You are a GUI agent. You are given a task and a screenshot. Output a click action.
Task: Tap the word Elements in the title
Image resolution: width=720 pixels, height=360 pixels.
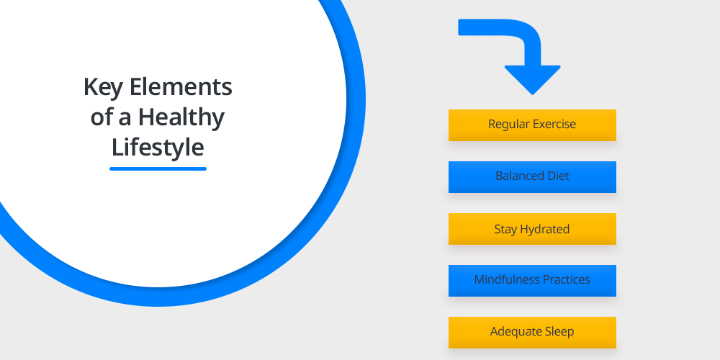coord(181,87)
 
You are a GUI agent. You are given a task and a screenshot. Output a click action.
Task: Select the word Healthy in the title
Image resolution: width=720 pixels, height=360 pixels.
coord(181,117)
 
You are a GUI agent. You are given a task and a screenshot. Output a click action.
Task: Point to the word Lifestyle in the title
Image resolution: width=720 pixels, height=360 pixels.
coord(158,148)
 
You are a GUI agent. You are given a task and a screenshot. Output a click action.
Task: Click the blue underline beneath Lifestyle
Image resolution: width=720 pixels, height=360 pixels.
coord(158,168)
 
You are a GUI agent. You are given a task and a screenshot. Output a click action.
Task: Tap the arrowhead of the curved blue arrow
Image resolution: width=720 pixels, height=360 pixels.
coord(533,80)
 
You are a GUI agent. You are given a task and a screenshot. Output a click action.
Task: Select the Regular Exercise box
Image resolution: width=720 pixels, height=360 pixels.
coord(532,125)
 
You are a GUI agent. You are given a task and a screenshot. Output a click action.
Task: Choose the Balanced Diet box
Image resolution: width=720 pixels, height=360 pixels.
coord(532,177)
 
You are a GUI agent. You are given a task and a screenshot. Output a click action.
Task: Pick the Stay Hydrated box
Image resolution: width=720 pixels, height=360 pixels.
coord(532,229)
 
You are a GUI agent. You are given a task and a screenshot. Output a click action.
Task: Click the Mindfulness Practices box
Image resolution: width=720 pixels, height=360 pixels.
coord(532,281)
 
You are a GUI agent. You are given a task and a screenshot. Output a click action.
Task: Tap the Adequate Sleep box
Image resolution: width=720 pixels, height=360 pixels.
coord(532,333)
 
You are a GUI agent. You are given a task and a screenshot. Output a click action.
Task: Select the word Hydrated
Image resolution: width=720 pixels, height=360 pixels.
coord(544,229)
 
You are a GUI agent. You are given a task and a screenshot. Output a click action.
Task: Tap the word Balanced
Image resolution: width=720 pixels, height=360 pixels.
coord(520,176)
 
